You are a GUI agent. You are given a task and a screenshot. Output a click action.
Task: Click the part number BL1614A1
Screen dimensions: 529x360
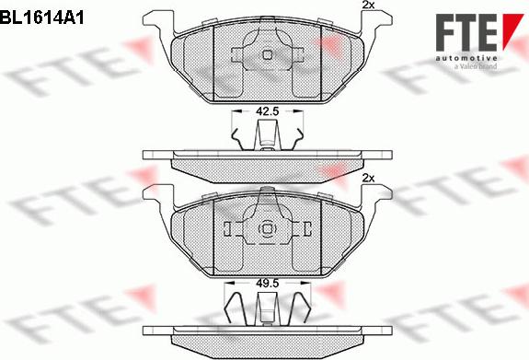coord(41,17)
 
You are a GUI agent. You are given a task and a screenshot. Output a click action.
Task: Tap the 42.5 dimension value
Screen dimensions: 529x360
coord(267,111)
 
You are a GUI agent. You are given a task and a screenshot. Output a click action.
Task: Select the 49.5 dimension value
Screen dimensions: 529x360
coord(267,284)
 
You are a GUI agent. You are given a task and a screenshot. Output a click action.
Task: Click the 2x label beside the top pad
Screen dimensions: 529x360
coord(368,5)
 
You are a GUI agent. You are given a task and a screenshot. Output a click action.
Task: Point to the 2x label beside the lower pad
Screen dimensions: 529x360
coord(368,178)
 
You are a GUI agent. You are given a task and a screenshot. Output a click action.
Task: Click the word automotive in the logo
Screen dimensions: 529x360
coord(466,58)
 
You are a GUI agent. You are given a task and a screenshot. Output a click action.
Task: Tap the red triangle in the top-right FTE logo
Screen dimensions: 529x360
coord(512,30)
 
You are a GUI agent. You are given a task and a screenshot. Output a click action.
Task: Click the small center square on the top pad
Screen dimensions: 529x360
coord(267,55)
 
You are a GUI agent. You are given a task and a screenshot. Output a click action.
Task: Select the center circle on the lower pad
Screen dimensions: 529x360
coord(267,228)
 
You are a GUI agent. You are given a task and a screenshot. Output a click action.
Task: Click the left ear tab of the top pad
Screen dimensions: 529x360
coord(158,20)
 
